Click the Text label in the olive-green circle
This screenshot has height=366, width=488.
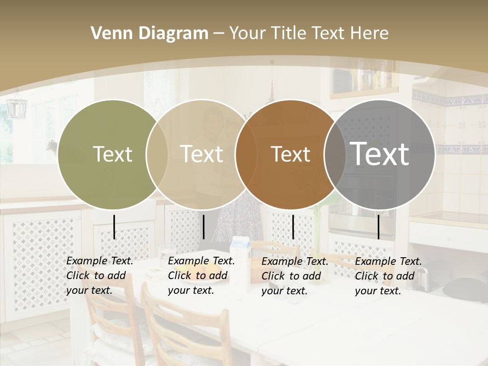pos(112,154)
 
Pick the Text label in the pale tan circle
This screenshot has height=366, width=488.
pos(201,154)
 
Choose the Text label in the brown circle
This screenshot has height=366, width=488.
pos(290,154)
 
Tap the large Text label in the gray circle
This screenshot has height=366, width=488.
pos(379,154)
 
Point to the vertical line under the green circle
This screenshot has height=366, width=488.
pos(114,227)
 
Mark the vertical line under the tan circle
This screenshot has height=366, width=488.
pos(203,227)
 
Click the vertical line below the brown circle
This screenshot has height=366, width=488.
pos(293,227)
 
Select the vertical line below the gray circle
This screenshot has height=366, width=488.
pos(378,227)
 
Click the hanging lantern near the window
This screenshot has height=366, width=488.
pos(16,107)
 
